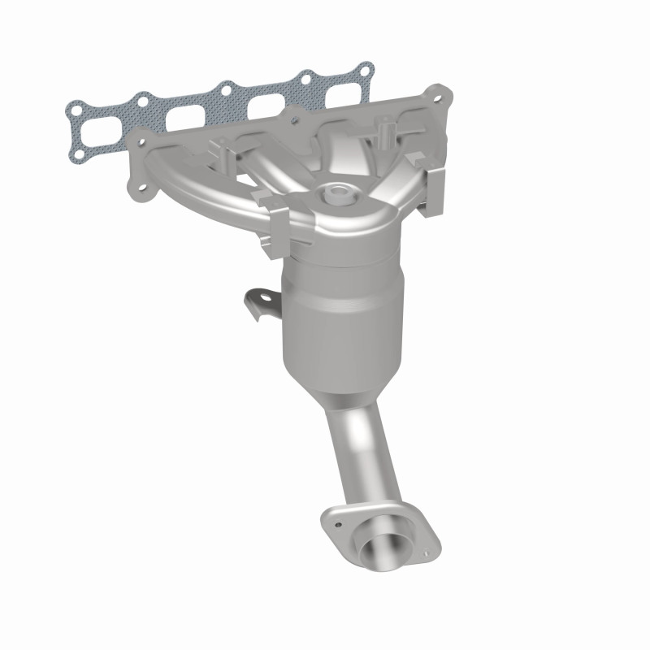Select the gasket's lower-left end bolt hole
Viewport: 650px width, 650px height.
80,151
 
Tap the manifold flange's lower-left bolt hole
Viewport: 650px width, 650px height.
143,192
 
